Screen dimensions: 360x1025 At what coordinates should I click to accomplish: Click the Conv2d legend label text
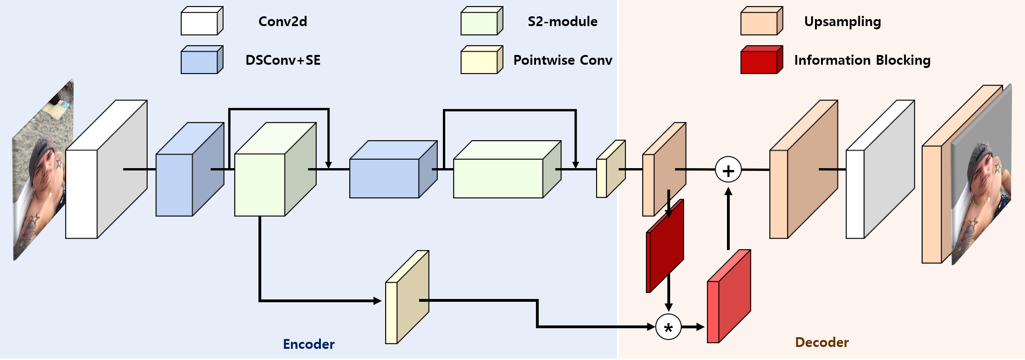(x=283, y=21)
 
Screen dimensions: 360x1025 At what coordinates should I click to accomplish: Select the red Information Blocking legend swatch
(x=761, y=60)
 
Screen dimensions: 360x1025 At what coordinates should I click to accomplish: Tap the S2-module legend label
(x=562, y=21)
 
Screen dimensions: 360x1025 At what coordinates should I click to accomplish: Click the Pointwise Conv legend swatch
(x=481, y=60)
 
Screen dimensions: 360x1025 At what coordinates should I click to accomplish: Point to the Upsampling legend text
(x=842, y=22)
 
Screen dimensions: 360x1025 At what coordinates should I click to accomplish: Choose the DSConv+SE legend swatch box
(x=201, y=60)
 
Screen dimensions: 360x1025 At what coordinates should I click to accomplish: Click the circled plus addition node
(x=728, y=170)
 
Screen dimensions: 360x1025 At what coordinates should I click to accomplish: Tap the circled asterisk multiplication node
(x=668, y=327)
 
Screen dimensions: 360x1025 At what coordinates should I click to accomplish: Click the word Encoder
(x=308, y=344)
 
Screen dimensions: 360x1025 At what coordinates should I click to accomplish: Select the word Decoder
(x=821, y=342)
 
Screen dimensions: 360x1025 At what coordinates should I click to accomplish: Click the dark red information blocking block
(x=665, y=247)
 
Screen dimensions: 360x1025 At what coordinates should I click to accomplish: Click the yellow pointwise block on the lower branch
(x=407, y=298)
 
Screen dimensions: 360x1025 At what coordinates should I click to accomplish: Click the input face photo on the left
(x=42, y=172)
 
